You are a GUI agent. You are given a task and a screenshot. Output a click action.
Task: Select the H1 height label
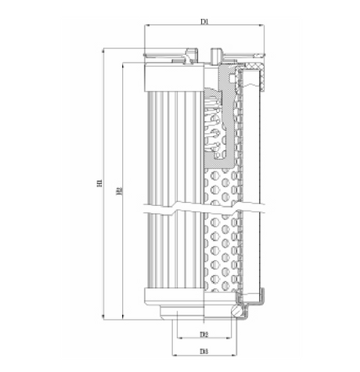[x=100, y=184]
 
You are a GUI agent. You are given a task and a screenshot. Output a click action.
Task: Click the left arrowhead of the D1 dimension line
[x=147, y=27]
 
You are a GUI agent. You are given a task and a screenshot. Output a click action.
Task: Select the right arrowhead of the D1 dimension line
[x=262, y=27]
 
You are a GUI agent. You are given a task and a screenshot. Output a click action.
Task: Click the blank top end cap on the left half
[x=174, y=76]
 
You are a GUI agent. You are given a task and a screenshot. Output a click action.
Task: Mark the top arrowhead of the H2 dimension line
[x=124, y=65]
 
